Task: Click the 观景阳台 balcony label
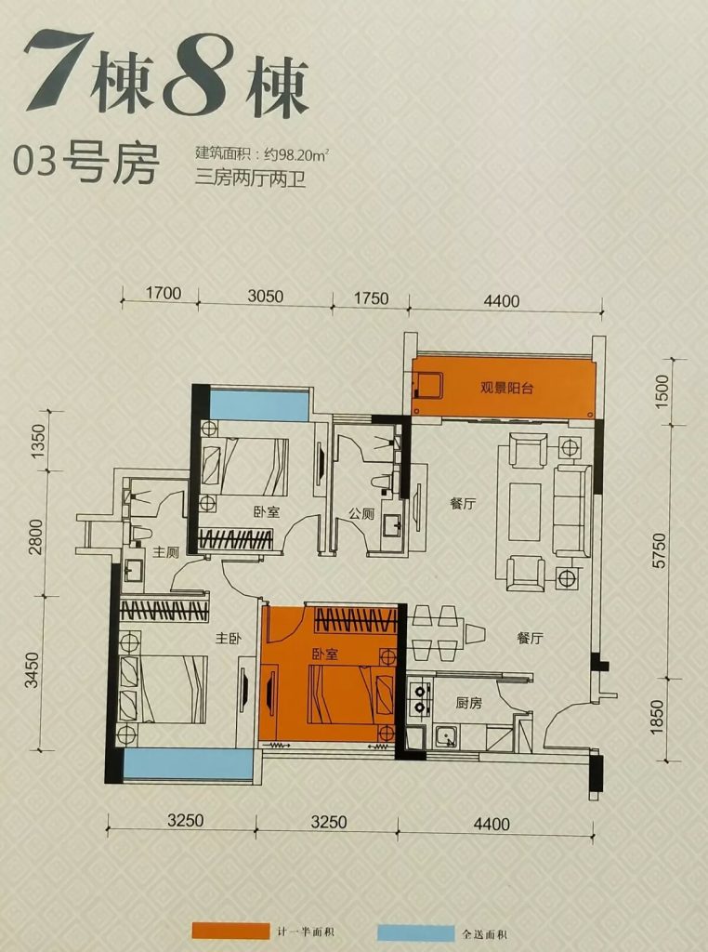coord(506,388)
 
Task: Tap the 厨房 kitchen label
coord(468,703)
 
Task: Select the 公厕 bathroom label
coord(361,513)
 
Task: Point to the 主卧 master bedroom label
coord(229,638)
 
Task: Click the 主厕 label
coord(164,552)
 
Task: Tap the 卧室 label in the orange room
coord(325,654)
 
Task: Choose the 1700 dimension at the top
coord(164,293)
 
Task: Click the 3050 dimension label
coord(266,296)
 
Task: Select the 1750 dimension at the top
coord(370,298)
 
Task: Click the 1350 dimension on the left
coord(37,441)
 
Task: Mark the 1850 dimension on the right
coord(658,718)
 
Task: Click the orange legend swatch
coord(229,931)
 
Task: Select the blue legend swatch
coord(415,933)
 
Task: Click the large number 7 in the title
coord(56,73)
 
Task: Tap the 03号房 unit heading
coord(85,163)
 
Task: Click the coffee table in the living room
coord(524,511)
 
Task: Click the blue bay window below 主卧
coord(188,765)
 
